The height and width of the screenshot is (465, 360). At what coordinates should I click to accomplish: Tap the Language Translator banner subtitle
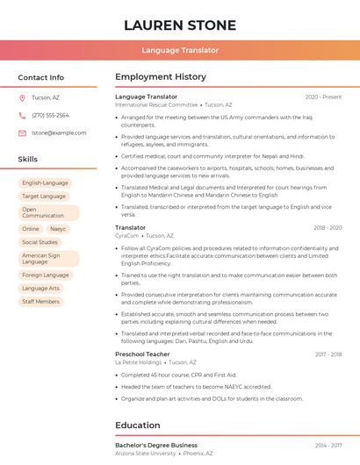pyautogui.click(x=179, y=50)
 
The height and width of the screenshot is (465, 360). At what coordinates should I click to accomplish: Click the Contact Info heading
pyautogui.click(x=40, y=77)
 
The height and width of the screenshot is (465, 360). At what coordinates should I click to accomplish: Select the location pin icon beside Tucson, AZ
pyautogui.click(x=22, y=97)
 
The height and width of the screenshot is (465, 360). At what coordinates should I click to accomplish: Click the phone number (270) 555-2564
pyautogui.click(x=50, y=115)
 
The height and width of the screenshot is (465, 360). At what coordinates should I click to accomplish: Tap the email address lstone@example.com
pyautogui.click(x=53, y=132)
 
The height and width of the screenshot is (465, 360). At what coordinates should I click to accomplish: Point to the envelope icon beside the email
pyautogui.click(x=22, y=132)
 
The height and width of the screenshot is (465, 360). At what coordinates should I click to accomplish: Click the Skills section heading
pyautogui.click(x=28, y=160)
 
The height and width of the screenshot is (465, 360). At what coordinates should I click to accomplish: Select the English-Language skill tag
pyautogui.click(x=45, y=183)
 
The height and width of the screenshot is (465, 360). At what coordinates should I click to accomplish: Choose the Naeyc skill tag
pyautogui.click(x=58, y=228)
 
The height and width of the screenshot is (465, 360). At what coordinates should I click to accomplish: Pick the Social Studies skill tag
pyautogui.click(x=40, y=242)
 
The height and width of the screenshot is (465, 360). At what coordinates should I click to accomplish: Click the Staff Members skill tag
pyautogui.click(x=41, y=301)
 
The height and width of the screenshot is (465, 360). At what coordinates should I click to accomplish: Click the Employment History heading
pyautogui.click(x=161, y=77)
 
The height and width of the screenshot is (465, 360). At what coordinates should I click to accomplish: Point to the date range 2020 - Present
pyautogui.click(x=323, y=97)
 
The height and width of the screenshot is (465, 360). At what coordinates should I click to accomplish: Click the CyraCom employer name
pyautogui.click(x=126, y=235)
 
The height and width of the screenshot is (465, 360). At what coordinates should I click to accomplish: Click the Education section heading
pyautogui.click(x=138, y=426)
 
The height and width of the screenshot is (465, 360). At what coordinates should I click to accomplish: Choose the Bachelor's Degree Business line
pyautogui.click(x=156, y=445)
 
